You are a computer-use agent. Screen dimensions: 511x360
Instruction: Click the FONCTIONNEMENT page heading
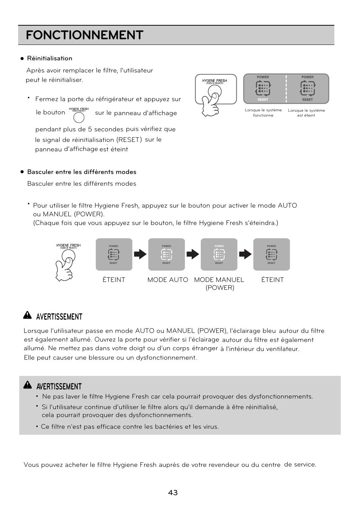tap(85, 35)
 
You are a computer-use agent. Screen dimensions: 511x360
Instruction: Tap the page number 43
tap(173, 493)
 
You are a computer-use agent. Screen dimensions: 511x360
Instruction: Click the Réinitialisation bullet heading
tap(49, 58)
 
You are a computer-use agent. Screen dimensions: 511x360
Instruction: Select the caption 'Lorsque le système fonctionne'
tap(263, 113)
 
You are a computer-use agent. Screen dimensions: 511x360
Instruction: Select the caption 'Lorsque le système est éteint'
tap(306, 113)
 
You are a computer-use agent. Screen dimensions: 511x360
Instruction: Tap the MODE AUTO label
tap(168, 280)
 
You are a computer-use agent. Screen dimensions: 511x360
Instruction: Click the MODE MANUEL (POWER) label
tap(219, 283)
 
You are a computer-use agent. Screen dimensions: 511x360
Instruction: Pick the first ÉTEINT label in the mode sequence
tap(114, 280)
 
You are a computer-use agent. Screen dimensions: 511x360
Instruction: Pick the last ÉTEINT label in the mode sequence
tap(272, 280)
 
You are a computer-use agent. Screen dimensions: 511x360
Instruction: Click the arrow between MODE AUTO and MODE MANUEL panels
tap(192, 254)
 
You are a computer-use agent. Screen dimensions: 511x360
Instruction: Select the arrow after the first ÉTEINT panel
tap(140, 254)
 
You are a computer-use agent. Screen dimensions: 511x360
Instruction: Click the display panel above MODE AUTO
tap(166, 254)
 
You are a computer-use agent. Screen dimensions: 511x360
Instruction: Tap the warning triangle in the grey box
tap(27, 385)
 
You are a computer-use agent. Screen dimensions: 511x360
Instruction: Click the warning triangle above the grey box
tap(27, 316)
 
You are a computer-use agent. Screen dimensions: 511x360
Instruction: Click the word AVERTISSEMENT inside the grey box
tap(59, 386)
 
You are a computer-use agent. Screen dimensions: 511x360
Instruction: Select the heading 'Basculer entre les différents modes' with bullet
tap(82, 172)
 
